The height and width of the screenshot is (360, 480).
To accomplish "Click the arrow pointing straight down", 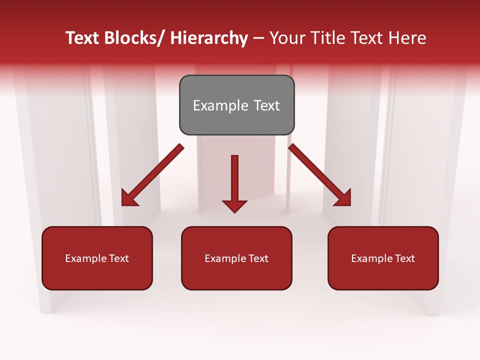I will [x=234, y=182].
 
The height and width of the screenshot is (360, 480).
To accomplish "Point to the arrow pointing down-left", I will [x=152, y=175].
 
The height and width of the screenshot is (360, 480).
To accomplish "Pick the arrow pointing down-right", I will [x=320, y=175].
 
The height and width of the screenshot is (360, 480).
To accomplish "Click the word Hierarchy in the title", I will [x=209, y=38].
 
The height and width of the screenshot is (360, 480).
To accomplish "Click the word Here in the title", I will [x=407, y=38].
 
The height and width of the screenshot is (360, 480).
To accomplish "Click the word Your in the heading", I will [x=288, y=38].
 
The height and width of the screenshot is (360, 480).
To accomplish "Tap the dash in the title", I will [x=258, y=38].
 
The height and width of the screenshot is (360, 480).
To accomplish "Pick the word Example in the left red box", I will [x=85, y=258].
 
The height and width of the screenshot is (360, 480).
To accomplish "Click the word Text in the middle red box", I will [x=258, y=258].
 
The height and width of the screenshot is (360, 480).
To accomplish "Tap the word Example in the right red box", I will [x=371, y=258].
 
